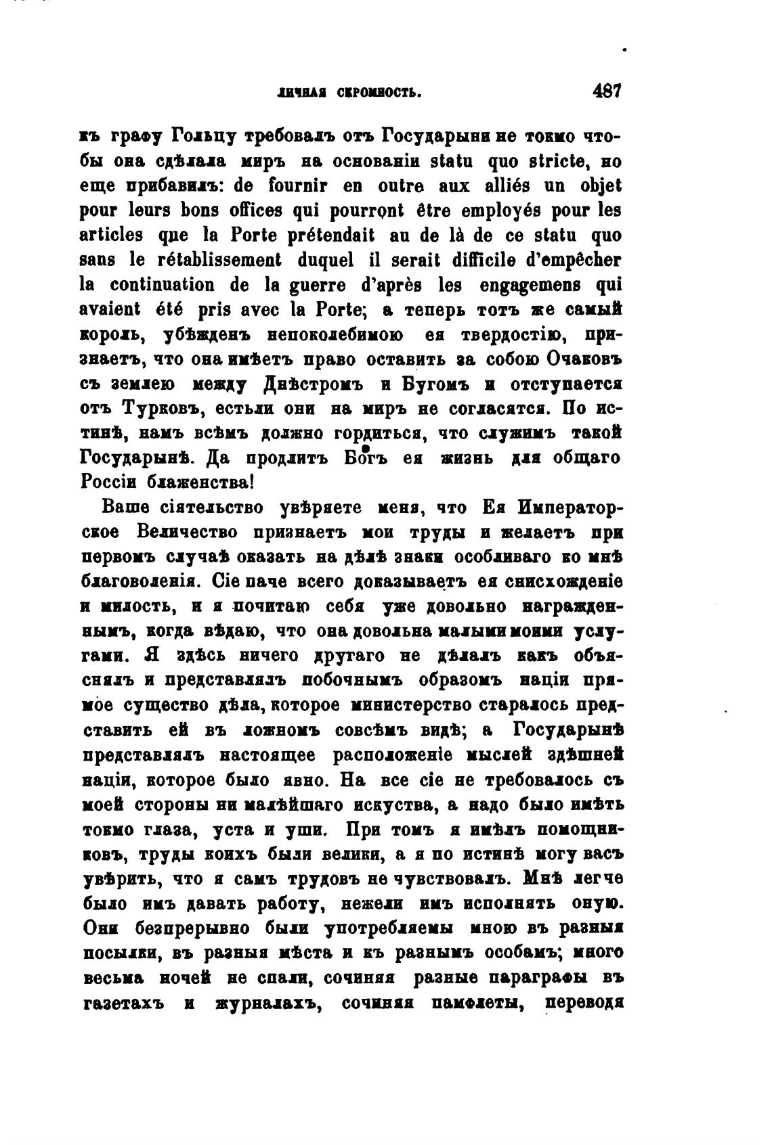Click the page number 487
[606, 91]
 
